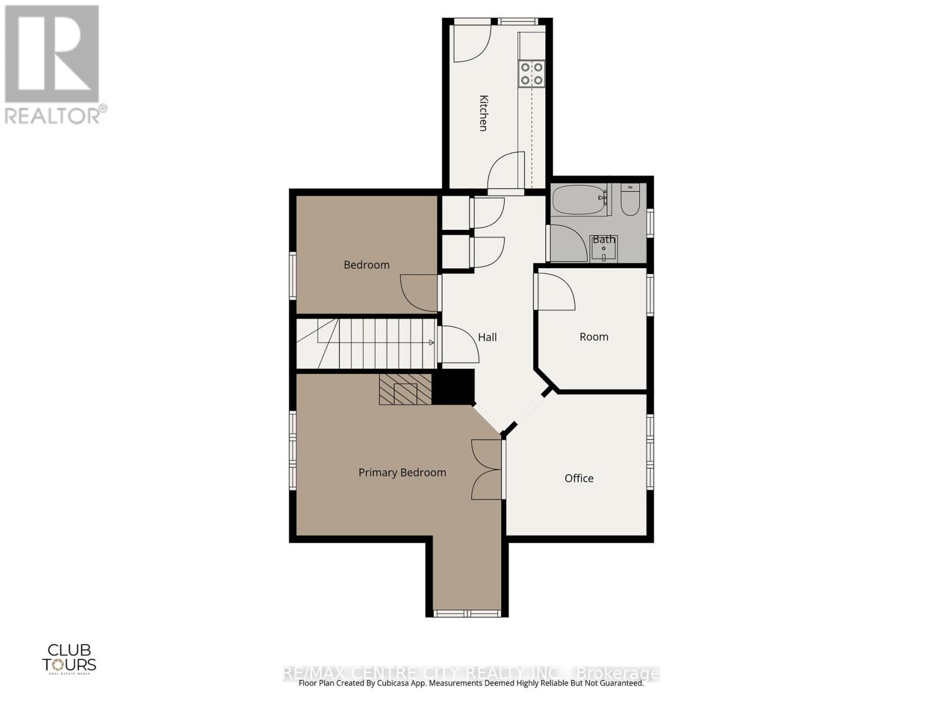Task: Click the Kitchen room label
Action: coord(483,113)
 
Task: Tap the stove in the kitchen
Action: coord(531,74)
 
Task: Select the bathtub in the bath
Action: coord(579,200)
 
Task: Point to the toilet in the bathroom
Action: coord(630,200)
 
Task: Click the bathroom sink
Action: coord(604,249)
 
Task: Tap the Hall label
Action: coord(487,337)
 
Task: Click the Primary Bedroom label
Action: coord(402,473)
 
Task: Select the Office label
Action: coord(579,478)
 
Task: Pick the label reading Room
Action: coord(594,337)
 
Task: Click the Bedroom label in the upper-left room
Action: coord(367,265)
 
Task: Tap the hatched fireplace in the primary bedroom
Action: coord(405,389)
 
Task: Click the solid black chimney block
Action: coord(453,387)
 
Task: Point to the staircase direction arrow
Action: coord(431,342)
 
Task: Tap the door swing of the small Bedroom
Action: coord(419,293)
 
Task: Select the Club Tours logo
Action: coord(69,658)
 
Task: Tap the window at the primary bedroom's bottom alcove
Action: coord(467,613)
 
